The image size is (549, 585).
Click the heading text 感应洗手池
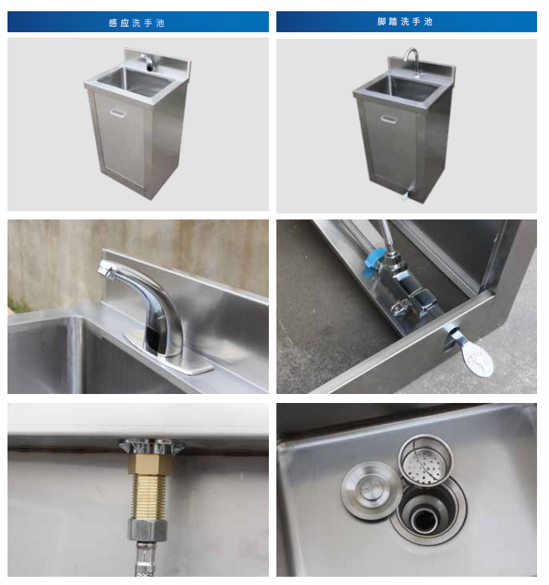136,23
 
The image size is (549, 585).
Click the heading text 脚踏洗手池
405,22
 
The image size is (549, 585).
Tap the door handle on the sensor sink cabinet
118,113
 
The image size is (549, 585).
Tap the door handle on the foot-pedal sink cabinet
389,119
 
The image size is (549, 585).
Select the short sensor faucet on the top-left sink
148,62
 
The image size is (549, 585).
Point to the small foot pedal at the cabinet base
405,195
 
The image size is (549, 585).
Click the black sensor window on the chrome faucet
154,340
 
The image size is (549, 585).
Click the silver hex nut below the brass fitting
148,529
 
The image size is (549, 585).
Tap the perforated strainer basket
425,459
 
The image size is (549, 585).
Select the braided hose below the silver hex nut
145,558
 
